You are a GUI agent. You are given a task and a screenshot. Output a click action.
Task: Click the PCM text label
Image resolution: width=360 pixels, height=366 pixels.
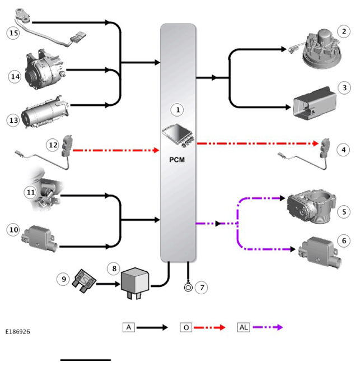[x=177, y=160]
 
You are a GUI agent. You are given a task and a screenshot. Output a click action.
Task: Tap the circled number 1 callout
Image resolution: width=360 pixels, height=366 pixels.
[x=177, y=110]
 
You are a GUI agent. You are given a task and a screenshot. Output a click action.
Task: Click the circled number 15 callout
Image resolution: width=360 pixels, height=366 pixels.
[x=13, y=33]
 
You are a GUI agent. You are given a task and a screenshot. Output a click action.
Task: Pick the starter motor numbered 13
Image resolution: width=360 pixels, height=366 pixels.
[x=45, y=112]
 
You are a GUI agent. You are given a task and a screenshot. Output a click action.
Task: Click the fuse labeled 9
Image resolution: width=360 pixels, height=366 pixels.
[x=84, y=281]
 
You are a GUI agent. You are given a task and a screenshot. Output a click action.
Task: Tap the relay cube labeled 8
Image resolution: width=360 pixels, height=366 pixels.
[x=135, y=283]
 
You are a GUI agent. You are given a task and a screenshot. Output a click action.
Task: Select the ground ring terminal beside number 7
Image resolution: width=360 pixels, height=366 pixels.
[x=188, y=287]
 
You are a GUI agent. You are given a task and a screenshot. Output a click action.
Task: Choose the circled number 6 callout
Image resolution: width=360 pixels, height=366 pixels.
[x=344, y=240]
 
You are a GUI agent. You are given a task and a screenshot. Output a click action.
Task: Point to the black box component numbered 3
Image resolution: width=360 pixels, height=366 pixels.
[x=315, y=103]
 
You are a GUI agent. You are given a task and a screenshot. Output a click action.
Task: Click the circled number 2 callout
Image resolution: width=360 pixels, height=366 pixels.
[x=344, y=31]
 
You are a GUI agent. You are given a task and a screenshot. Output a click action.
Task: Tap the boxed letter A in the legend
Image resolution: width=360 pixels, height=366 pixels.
[x=129, y=327]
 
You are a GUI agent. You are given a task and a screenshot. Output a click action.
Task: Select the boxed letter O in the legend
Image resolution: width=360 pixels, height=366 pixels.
[x=186, y=327]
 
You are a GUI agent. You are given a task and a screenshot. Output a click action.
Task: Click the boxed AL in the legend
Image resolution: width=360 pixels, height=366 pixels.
[x=244, y=327]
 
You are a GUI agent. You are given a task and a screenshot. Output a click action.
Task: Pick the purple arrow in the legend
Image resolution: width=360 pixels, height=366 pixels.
[x=268, y=327]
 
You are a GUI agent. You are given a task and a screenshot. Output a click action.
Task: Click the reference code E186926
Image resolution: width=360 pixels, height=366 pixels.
[x=18, y=332]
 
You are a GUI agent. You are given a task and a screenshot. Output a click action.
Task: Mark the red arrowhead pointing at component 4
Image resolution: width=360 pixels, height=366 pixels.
[x=315, y=143]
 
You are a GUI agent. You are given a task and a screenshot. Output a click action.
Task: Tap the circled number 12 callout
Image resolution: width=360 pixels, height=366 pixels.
[x=53, y=145]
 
